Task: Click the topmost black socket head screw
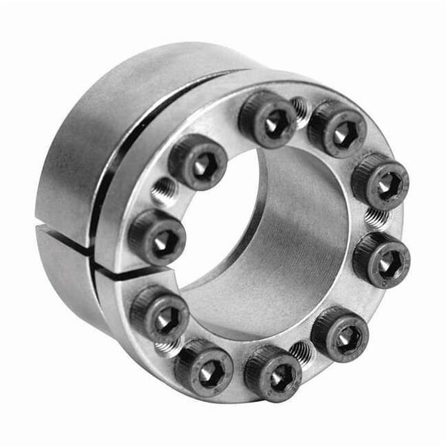pos(267,118)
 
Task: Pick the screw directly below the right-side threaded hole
pos(381,259)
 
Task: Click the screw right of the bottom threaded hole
pos(339,332)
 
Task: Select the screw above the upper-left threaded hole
pos(198,160)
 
